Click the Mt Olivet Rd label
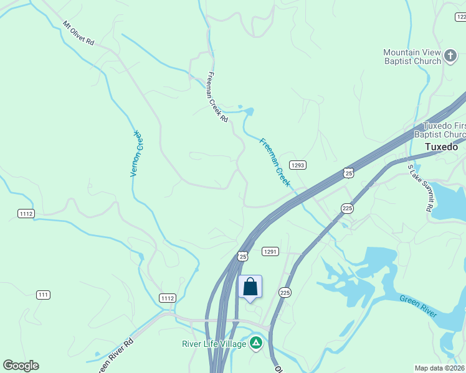78,34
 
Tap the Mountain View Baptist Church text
412,57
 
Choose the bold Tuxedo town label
441,147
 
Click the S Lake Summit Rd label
420,188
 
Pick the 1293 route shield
298,165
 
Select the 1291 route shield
269,251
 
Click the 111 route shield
43,295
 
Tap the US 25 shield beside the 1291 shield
243,256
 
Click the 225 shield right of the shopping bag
285,292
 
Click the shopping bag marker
250,287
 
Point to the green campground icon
255,343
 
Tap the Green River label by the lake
417,308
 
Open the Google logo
21,366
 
